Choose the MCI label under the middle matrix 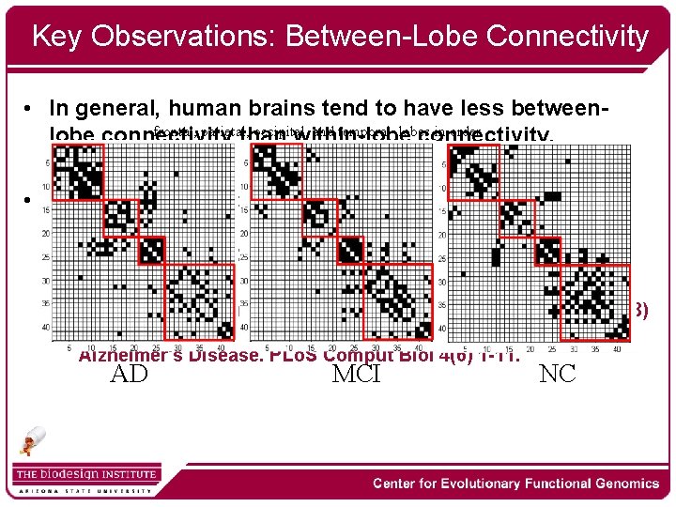coord(356,375)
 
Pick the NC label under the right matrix coord(558,375)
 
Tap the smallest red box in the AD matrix coord(150,250)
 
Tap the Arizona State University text coord(84,490)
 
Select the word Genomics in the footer coord(616,484)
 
